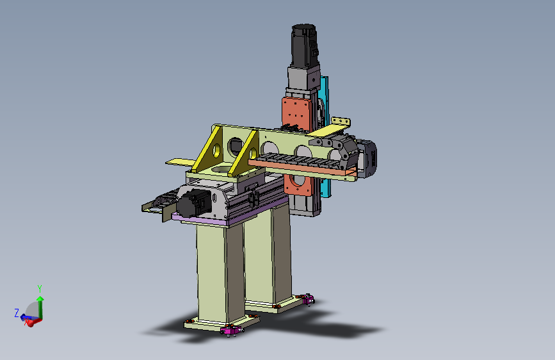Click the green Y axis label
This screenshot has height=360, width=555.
click(40, 288)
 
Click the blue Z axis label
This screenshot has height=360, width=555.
click(17, 313)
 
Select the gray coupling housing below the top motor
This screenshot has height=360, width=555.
click(303, 78)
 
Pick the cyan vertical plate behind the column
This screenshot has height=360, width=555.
click(325, 136)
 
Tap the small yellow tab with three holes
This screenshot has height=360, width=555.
click(341, 122)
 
